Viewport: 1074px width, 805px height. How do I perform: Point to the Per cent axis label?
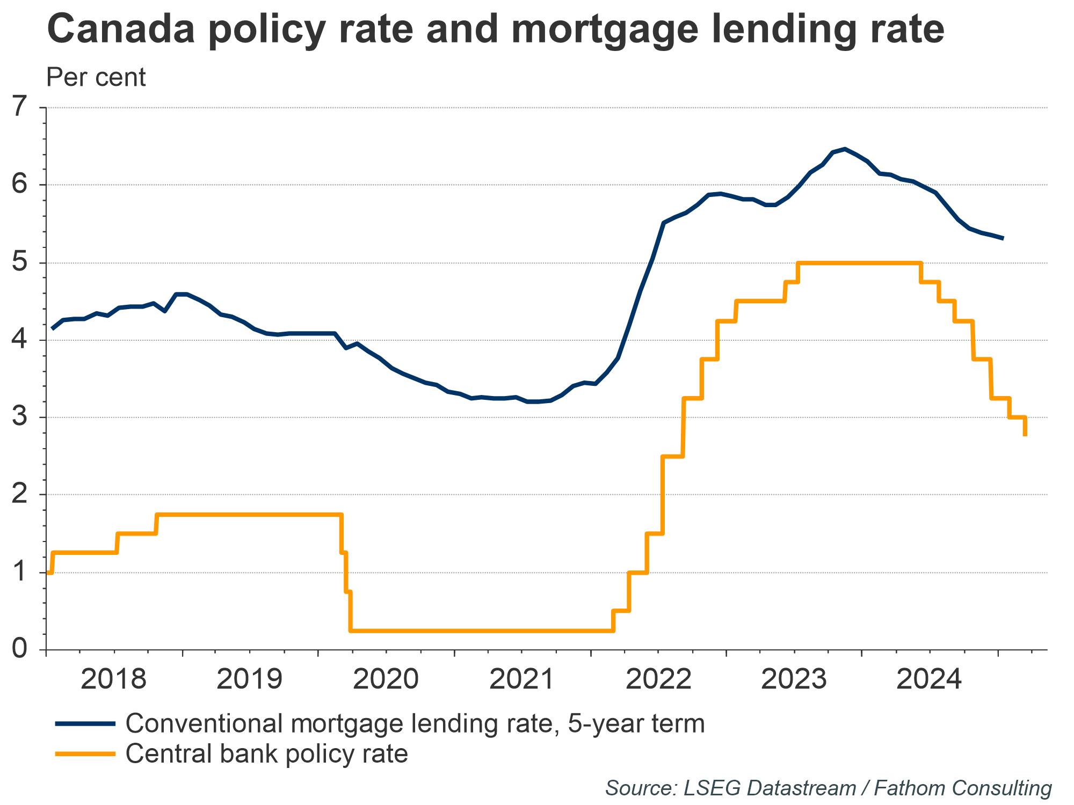pos(96,77)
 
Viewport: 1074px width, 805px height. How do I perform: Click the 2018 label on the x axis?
pos(114,679)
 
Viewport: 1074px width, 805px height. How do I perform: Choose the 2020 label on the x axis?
pos(386,679)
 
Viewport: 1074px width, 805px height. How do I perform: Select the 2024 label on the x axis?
pos(930,679)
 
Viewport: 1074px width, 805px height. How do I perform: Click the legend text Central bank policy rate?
pos(266,754)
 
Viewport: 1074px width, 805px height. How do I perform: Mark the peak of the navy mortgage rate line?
pos(845,149)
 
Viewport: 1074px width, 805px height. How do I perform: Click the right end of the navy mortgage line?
pos(1002,238)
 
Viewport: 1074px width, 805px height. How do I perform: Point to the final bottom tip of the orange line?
pos(1025,435)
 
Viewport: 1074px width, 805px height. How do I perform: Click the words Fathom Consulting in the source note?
pos(963,788)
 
